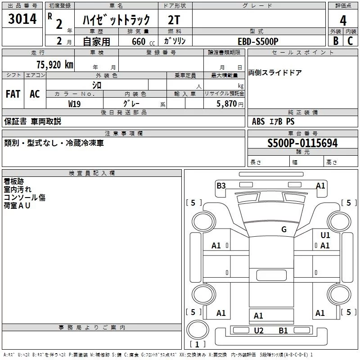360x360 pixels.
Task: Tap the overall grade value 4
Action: coord(343,21)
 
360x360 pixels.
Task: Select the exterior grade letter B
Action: coord(335,41)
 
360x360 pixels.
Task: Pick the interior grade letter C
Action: coord(350,41)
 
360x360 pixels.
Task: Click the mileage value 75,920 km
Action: coord(54,64)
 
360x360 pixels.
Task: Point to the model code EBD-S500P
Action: coord(258,41)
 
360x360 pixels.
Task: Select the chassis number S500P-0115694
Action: coord(302,144)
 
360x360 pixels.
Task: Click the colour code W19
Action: coord(75,103)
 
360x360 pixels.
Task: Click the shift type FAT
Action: coord(13,94)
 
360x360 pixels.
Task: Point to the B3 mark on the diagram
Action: coord(221,185)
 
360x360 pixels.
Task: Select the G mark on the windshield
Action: coord(283,229)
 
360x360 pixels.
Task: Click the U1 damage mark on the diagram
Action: coord(325,235)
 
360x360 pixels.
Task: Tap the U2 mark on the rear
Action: coord(258,331)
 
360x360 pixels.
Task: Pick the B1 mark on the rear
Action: coord(283,331)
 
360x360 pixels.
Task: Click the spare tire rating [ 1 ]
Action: coord(196,344)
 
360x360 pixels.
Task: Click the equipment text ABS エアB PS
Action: coord(273,121)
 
